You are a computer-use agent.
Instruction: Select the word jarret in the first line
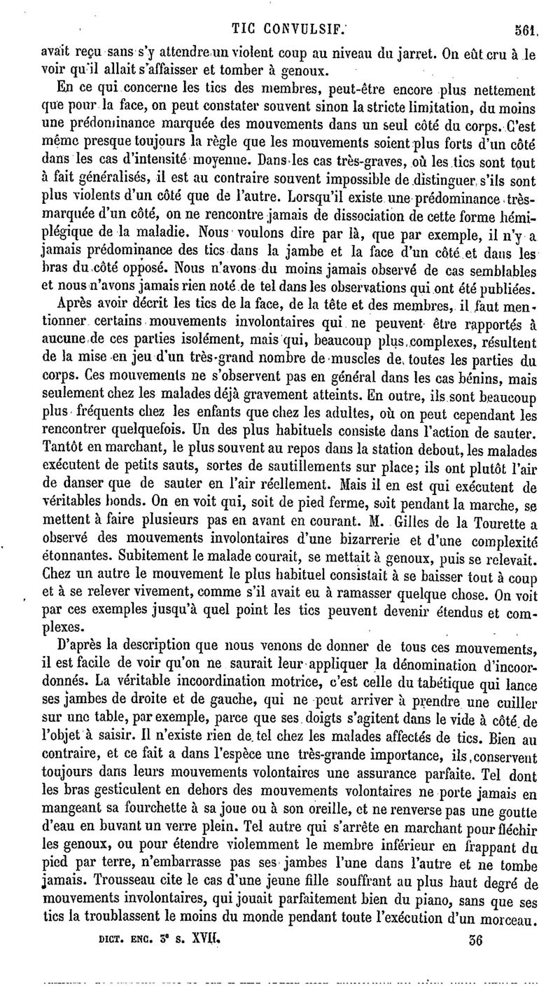click(389, 55)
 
